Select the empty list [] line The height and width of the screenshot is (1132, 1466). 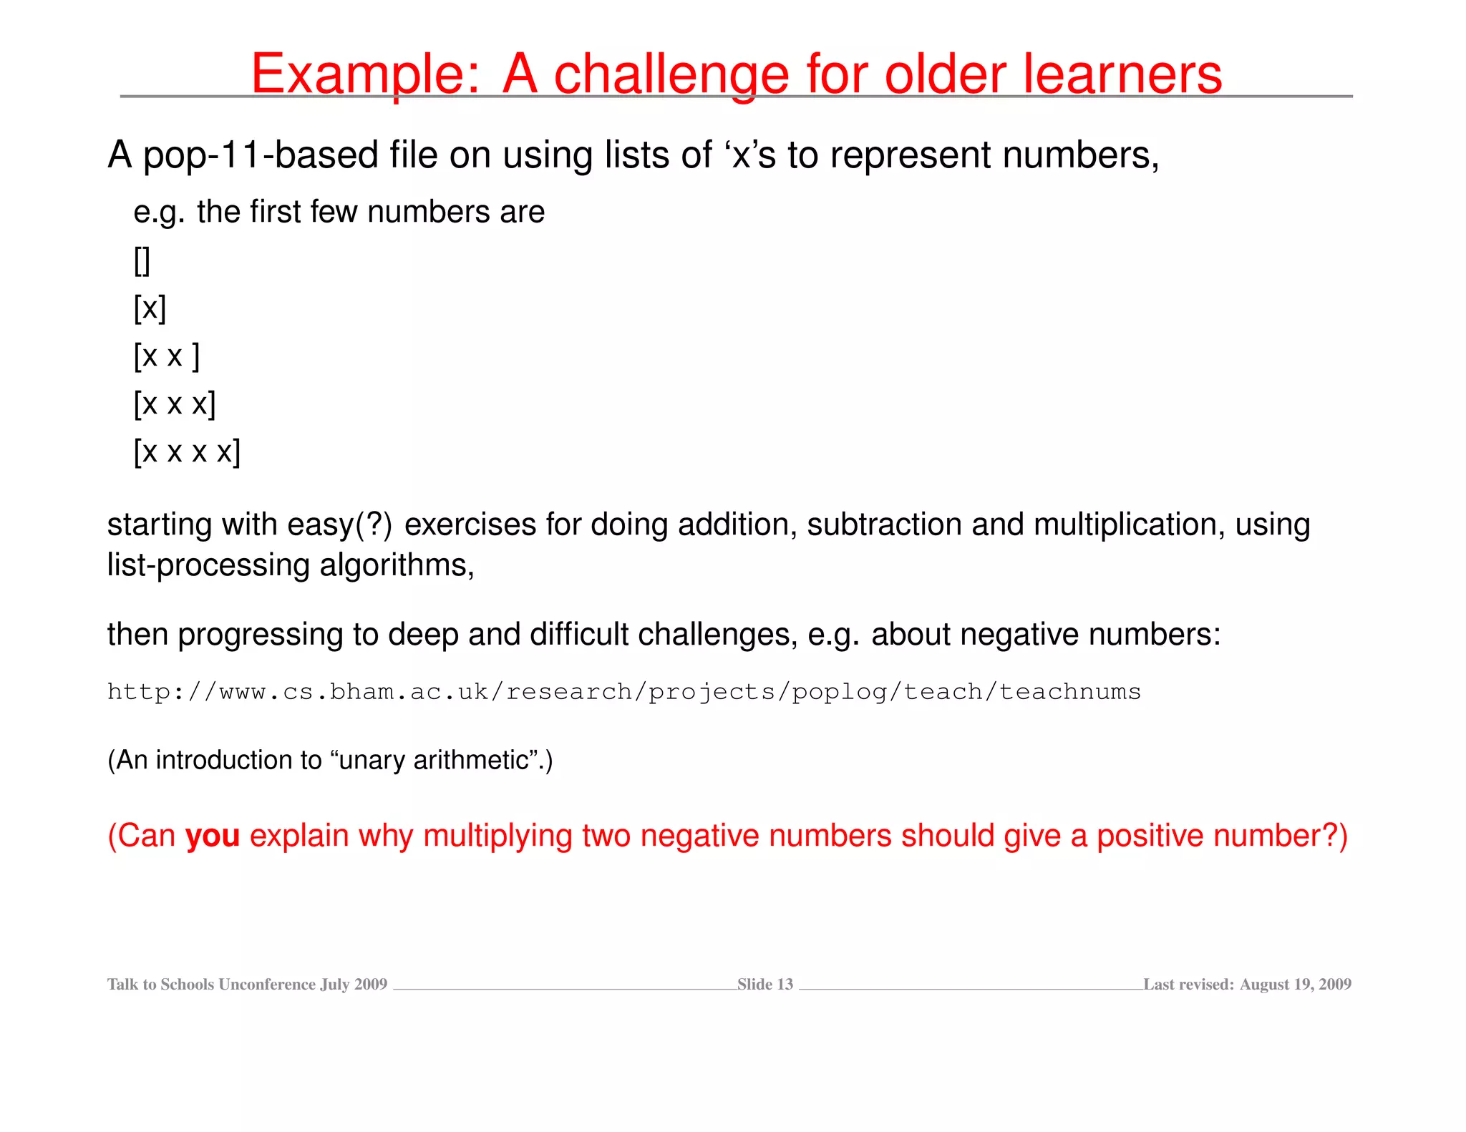click(142, 260)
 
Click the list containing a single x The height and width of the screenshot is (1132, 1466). click(150, 308)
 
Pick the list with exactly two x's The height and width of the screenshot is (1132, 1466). click(166, 356)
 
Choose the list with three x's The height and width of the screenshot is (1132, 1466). click(174, 404)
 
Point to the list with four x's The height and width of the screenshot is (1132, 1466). click(187, 452)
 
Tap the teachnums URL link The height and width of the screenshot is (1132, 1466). click(623, 692)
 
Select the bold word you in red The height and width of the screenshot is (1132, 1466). click(212, 836)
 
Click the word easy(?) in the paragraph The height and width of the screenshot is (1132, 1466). click(339, 524)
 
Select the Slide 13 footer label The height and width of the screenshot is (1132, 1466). click(764, 985)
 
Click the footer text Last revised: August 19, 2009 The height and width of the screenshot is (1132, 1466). click(1247, 985)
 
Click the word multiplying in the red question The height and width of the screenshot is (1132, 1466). click(497, 836)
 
